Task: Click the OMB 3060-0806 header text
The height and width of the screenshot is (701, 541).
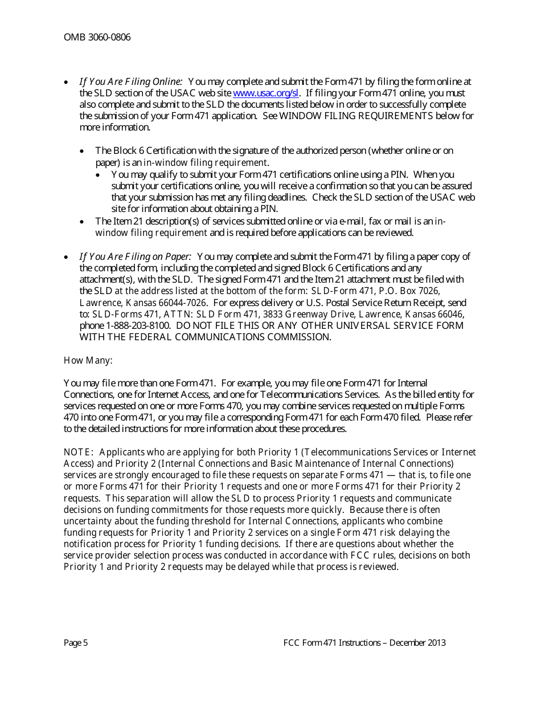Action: [97, 38]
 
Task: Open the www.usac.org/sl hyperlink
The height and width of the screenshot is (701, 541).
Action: [266, 93]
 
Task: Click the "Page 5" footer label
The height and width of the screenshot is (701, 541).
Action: [76, 643]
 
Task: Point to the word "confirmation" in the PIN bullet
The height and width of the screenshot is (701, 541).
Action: [291, 186]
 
